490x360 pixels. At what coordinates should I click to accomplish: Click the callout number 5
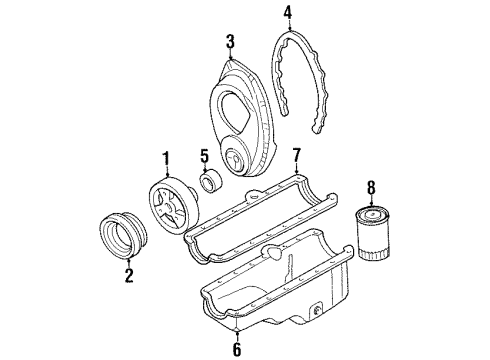point(203,156)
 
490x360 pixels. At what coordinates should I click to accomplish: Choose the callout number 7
point(295,155)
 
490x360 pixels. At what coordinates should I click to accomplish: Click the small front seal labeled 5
point(212,182)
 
